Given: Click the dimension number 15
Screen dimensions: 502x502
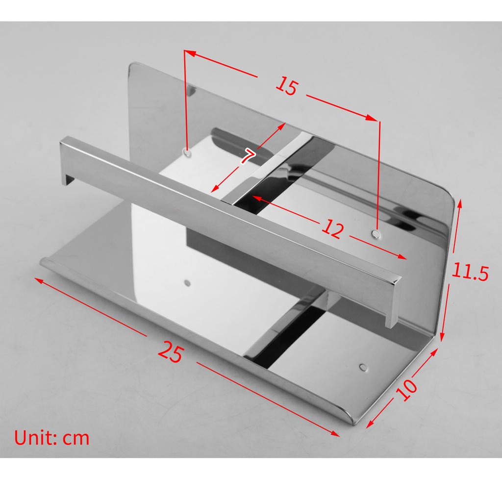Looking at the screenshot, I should point(286,87).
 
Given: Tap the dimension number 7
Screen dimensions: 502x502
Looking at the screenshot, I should point(248,157).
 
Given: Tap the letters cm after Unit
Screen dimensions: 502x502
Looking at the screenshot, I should point(76,438).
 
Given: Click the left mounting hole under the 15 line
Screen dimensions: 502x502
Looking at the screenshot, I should point(187,153).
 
